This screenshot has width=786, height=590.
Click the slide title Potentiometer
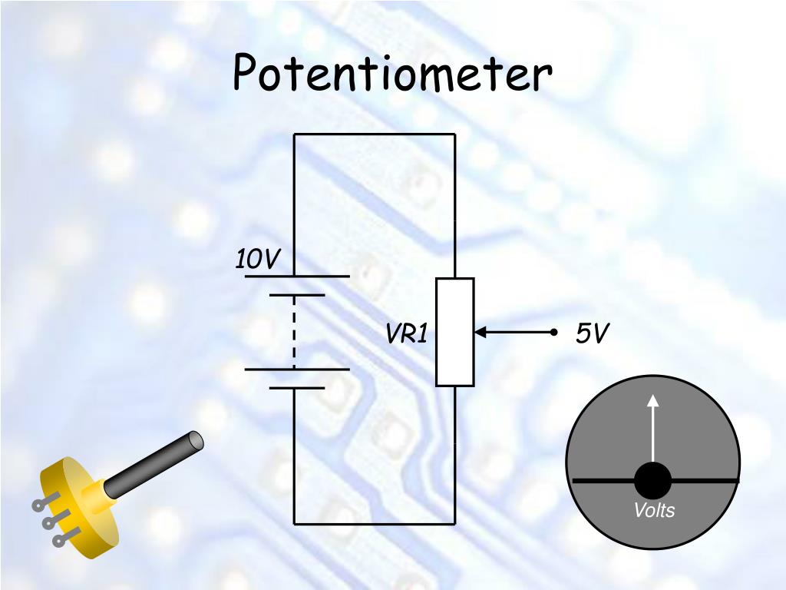click(x=392, y=75)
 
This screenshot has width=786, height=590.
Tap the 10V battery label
click(x=257, y=260)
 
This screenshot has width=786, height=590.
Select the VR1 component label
click(x=406, y=333)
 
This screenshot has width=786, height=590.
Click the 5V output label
click(x=592, y=333)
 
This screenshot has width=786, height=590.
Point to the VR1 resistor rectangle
click(x=454, y=332)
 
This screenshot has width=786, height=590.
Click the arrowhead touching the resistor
click(x=481, y=333)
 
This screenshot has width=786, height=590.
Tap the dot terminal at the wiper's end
click(x=553, y=333)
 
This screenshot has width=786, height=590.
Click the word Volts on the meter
click(x=654, y=511)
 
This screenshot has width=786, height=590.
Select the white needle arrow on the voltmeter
click(x=652, y=430)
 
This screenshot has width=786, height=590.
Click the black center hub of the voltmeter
click(x=652, y=482)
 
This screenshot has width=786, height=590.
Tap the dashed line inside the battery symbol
click(x=294, y=331)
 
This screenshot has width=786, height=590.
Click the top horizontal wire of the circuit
click(x=375, y=134)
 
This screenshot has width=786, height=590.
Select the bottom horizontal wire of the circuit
click(x=375, y=524)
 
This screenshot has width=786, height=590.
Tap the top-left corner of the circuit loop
click(x=294, y=134)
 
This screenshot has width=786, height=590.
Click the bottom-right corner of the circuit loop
click(x=454, y=524)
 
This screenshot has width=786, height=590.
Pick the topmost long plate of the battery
click(x=297, y=276)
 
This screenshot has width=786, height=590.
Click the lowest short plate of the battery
click(x=297, y=388)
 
